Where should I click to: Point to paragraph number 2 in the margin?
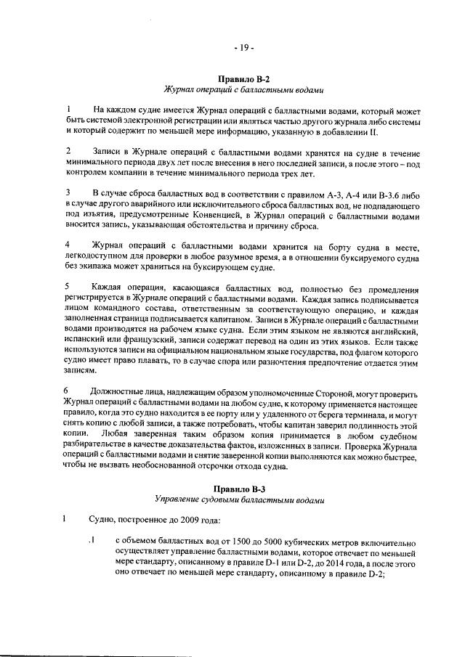[x=67, y=150]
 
